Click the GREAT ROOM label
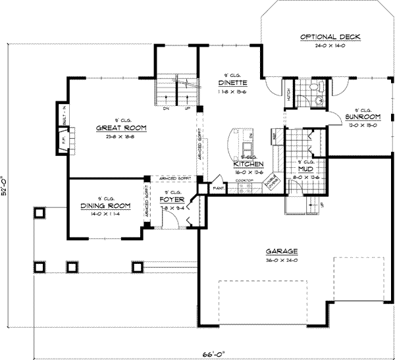tap(120, 128)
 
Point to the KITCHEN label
tap(249, 164)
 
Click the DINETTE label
tap(232, 83)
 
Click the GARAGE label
tap(283, 251)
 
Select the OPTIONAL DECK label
tap(330, 37)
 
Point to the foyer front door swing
tap(169, 221)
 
